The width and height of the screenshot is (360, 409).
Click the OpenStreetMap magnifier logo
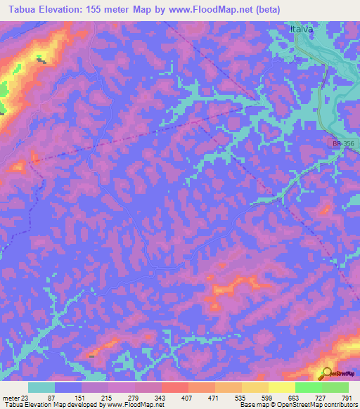[x=326, y=373]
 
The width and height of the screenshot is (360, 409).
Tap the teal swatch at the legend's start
[x=41, y=387]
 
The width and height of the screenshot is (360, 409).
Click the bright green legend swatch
[x=308, y=387]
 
